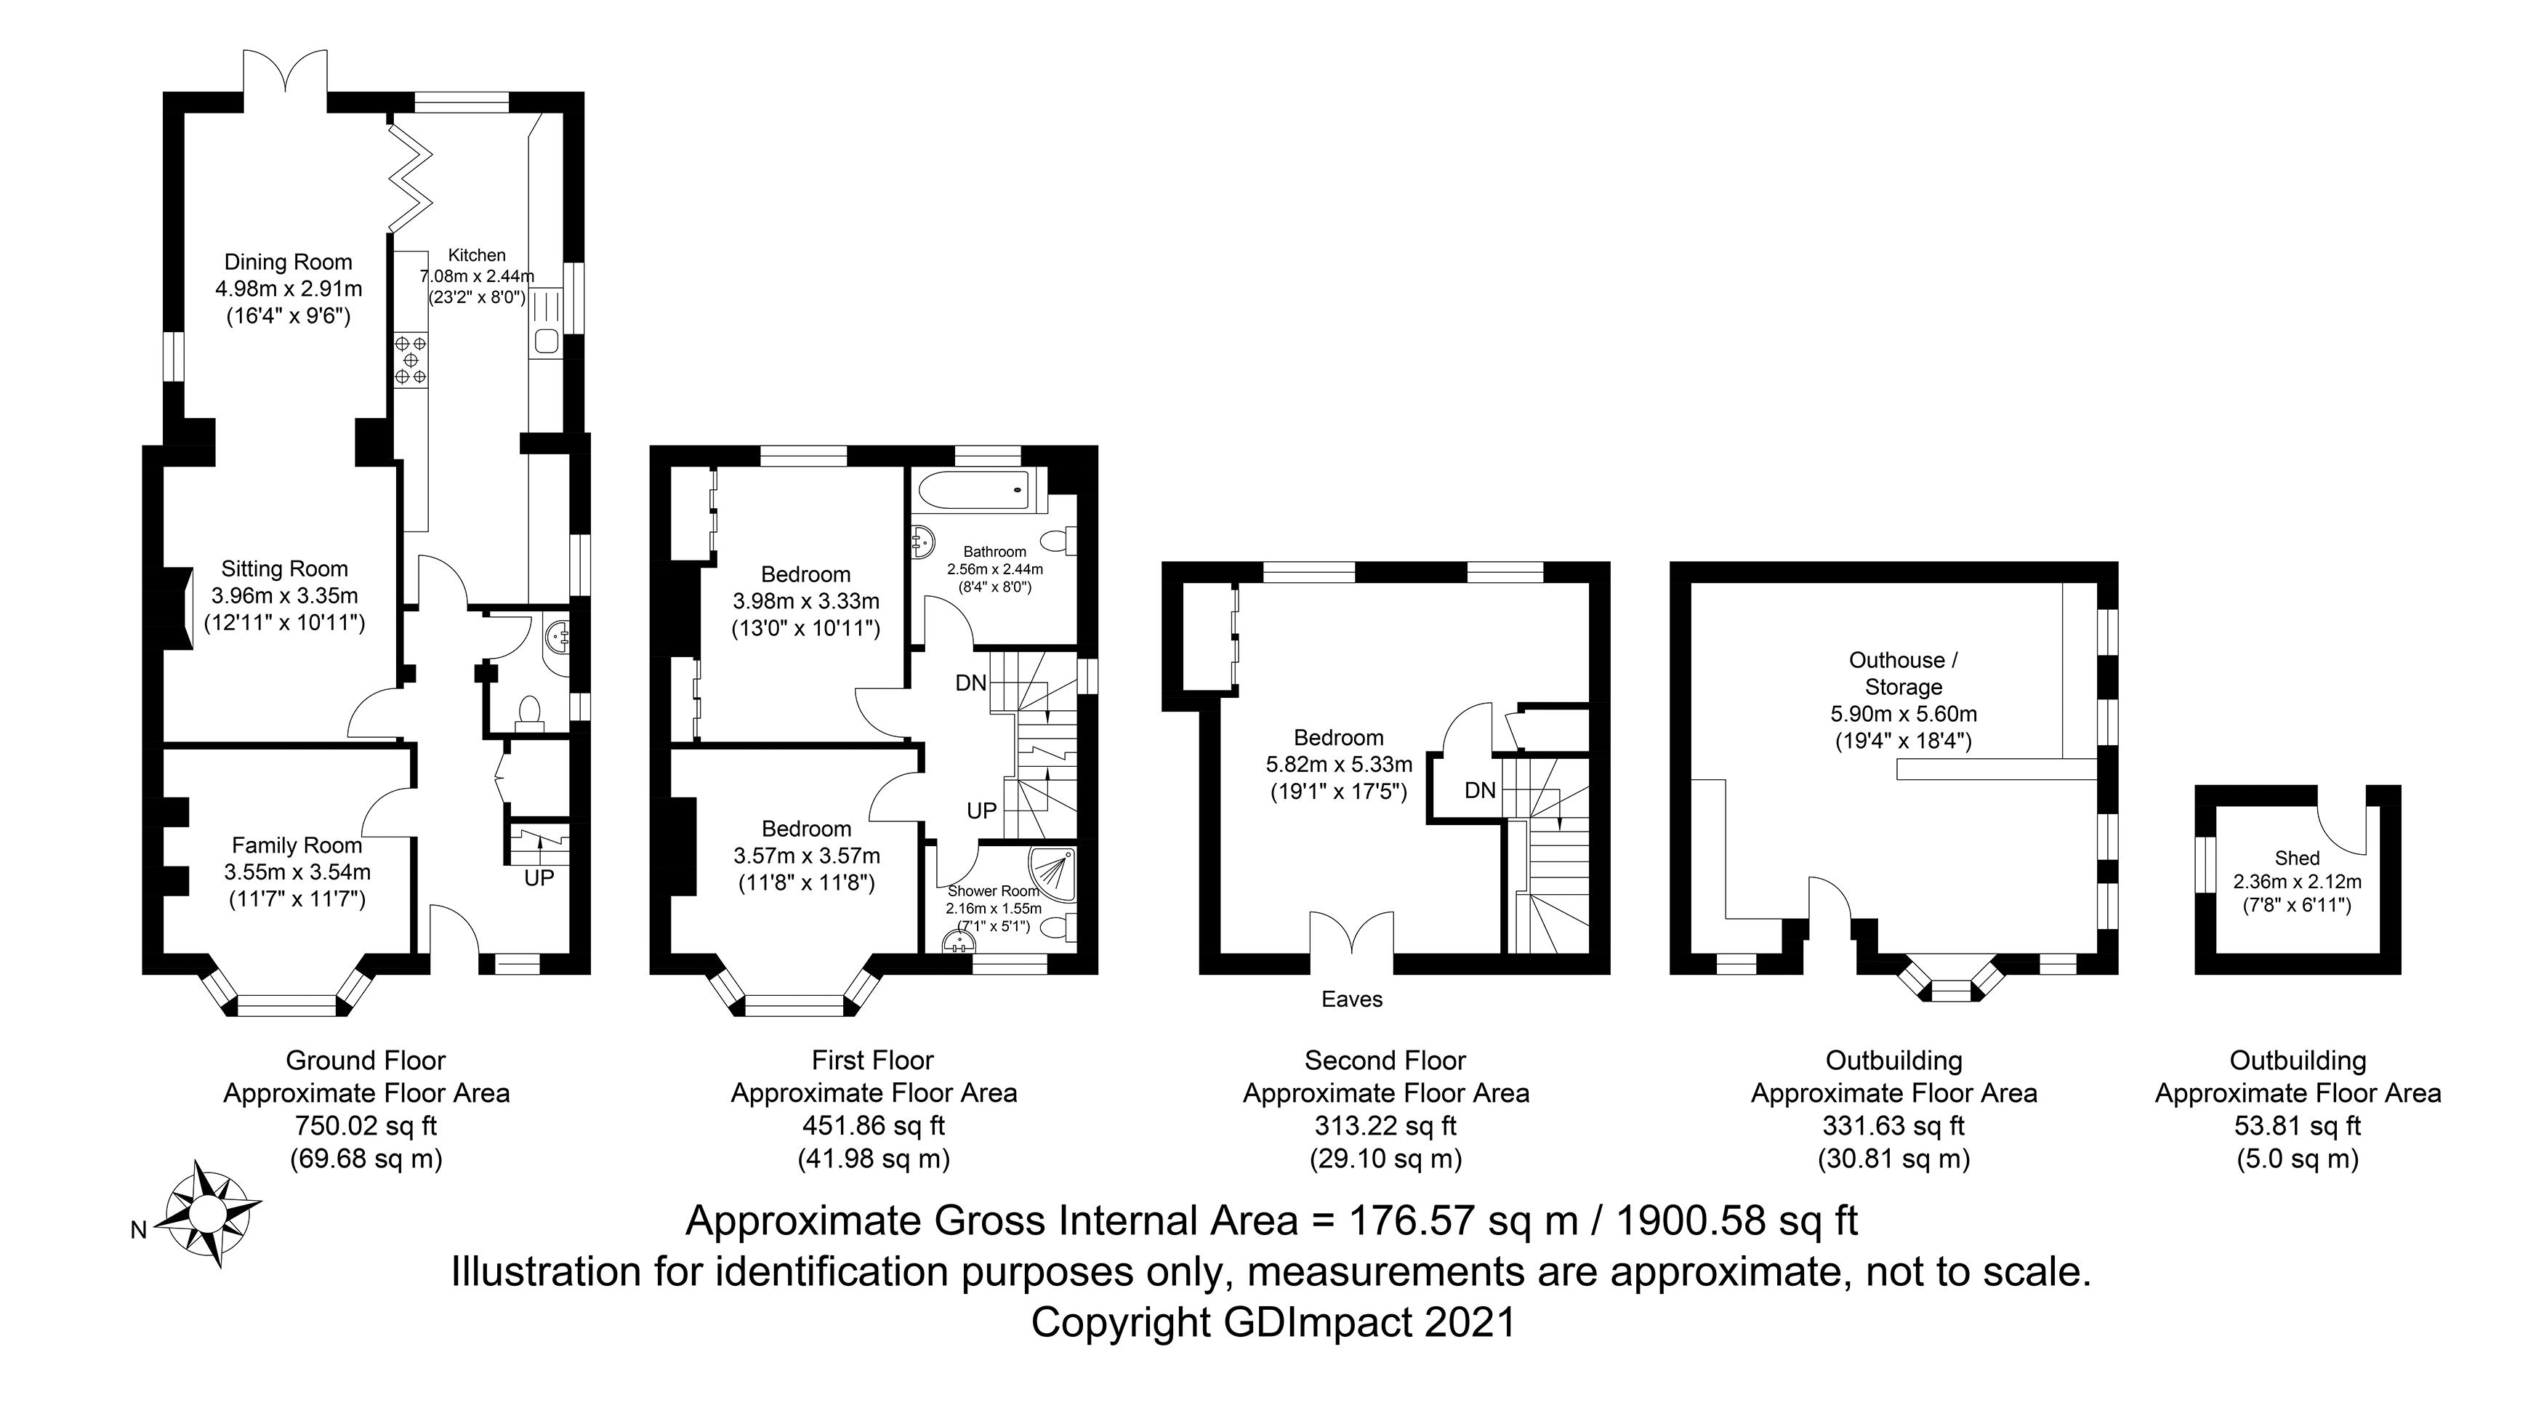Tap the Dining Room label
click(289, 262)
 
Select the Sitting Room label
click(284, 568)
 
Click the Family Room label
click(297, 845)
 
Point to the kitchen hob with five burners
click(411, 361)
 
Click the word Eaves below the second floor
click(1351, 999)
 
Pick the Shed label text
click(2297, 858)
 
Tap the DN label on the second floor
click(1481, 790)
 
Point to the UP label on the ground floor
click(539, 877)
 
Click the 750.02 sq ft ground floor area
click(366, 1126)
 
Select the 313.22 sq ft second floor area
click(1385, 1126)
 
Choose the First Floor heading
click(872, 1061)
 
